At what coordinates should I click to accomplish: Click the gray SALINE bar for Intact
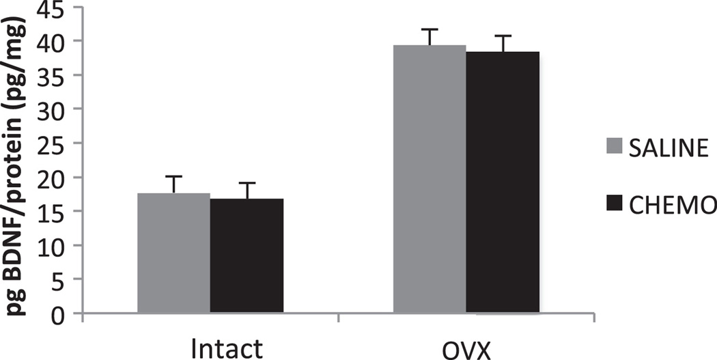pyautogui.click(x=173, y=253)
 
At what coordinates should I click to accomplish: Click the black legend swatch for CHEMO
pyautogui.click(x=615, y=202)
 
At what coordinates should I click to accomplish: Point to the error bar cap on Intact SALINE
pyautogui.click(x=173, y=176)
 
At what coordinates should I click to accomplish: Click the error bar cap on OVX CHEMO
pyautogui.click(x=503, y=36)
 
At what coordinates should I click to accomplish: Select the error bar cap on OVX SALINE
pyautogui.click(x=430, y=29)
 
